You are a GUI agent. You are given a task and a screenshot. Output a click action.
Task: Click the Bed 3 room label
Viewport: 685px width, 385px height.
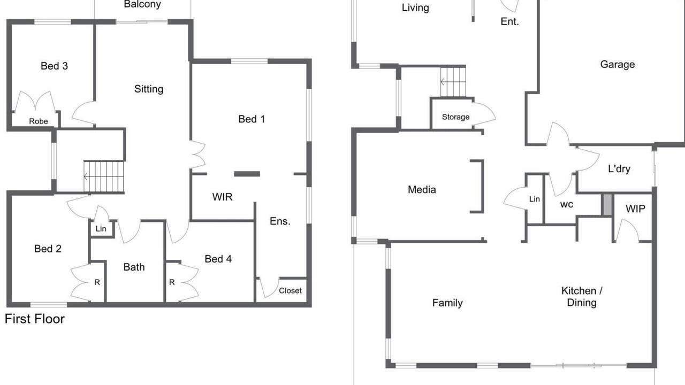point(54,66)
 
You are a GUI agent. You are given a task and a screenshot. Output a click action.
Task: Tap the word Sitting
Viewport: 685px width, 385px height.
point(149,89)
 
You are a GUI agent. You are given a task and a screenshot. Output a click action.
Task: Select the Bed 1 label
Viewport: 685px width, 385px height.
point(252,119)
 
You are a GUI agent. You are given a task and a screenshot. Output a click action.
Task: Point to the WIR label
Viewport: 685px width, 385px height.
point(222,197)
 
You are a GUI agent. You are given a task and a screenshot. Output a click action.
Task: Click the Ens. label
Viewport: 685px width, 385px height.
point(280,221)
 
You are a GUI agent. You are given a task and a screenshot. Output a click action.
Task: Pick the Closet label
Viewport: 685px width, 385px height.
point(290,290)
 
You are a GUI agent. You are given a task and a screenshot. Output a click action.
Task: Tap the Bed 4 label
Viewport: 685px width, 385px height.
point(218,259)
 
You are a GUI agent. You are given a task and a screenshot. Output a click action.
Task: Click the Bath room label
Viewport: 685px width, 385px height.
point(134,267)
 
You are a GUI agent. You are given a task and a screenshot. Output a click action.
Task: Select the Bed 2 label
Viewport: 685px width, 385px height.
point(48,249)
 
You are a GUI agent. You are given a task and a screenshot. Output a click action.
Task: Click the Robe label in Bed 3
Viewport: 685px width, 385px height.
point(39,121)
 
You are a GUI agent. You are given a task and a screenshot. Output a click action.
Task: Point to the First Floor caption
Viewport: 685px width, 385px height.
point(35,319)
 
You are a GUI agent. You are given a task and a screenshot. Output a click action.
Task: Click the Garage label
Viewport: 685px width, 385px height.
point(618,65)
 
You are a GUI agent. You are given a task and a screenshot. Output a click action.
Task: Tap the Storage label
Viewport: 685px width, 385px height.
point(455,117)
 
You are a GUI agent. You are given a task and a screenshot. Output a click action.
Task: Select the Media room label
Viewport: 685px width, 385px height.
point(422,189)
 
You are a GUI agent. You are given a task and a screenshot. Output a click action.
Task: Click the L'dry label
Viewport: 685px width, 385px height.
point(619,168)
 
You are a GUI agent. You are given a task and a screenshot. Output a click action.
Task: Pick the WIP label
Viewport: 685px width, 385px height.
point(635,209)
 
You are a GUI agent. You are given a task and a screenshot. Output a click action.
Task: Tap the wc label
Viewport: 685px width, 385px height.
point(566,204)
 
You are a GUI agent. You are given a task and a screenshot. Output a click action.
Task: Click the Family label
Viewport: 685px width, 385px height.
point(447,303)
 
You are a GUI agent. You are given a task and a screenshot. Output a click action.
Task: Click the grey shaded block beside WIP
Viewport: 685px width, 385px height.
point(607,205)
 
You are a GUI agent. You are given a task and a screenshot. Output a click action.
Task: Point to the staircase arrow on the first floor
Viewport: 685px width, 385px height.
point(87,176)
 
